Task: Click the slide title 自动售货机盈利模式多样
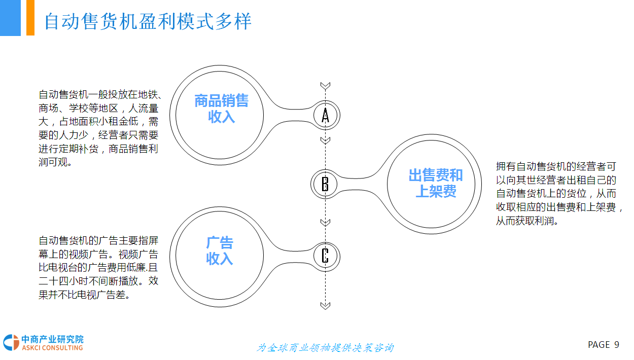click(148, 22)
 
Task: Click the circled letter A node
click(326, 116)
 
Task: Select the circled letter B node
click(325, 183)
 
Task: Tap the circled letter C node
click(325, 255)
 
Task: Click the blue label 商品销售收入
click(221, 109)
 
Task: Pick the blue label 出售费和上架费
click(436, 183)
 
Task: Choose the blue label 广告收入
click(219, 250)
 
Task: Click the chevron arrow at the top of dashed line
click(326, 86)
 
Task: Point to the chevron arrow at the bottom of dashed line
click(326, 305)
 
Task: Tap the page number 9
click(617, 345)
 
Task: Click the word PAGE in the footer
click(598, 345)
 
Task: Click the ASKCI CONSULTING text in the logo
click(52, 348)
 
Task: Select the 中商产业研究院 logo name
click(52, 339)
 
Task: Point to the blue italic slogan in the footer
click(325, 348)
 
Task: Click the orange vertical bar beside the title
click(30, 18)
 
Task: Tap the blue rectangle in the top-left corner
click(10, 18)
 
